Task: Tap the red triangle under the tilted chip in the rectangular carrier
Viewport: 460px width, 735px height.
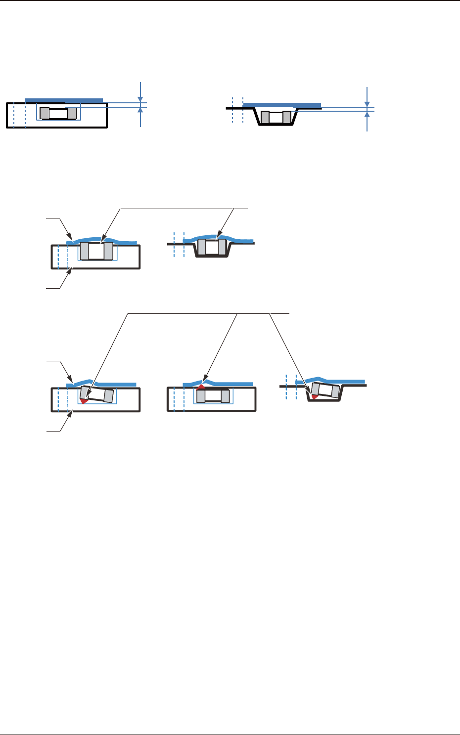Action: point(84,400)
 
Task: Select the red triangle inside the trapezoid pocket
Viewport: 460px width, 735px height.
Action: point(314,396)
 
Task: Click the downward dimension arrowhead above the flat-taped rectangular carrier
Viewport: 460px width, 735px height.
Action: point(141,98)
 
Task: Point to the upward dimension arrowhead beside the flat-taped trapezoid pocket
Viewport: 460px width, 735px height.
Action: point(367,115)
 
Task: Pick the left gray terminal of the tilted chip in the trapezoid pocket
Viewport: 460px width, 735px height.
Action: point(315,389)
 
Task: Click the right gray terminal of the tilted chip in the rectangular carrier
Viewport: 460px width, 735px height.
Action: point(109,396)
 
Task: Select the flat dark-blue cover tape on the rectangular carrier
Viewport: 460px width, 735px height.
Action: point(64,100)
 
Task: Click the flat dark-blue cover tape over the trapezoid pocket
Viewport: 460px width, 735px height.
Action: point(282,105)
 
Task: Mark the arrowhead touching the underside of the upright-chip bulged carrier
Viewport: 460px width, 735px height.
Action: point(72,270)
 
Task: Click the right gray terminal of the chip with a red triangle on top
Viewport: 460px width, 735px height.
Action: point(226,396)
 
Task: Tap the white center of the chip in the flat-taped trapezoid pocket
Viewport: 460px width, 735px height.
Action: point(276,118)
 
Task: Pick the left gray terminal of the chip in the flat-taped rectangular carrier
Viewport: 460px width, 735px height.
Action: point(45,113)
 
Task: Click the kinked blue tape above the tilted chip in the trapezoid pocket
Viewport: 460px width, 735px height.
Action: point(326,380)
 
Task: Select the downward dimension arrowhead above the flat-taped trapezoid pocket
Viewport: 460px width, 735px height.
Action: point(367,103)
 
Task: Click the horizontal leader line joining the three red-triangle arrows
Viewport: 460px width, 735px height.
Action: point(208,313)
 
